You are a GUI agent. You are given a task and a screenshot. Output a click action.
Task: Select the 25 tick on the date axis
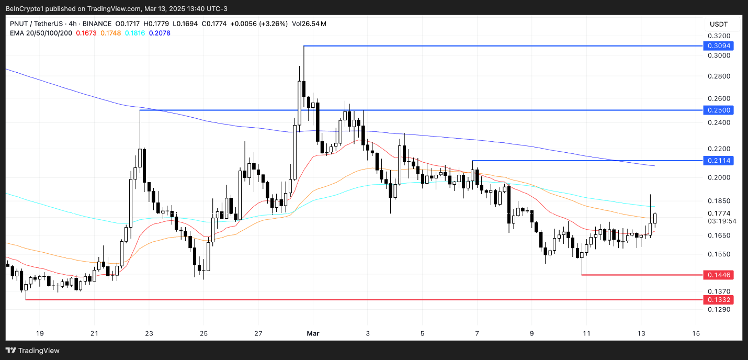(x=204, y=333)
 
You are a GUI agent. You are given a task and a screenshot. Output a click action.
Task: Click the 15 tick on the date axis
(x=696, y=333)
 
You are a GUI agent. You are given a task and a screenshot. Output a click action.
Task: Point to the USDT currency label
(x=718, y=24)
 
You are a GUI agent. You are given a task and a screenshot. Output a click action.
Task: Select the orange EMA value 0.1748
(x=110, y=33)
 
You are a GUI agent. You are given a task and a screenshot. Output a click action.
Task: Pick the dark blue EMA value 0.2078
(x=160, y=33)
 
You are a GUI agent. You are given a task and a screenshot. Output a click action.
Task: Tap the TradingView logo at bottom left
(x=32, y=351)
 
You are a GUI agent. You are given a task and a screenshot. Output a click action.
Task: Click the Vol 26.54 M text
(x=309, y=24)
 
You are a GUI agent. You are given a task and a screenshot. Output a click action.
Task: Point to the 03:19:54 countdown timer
(x=721, y=221)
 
